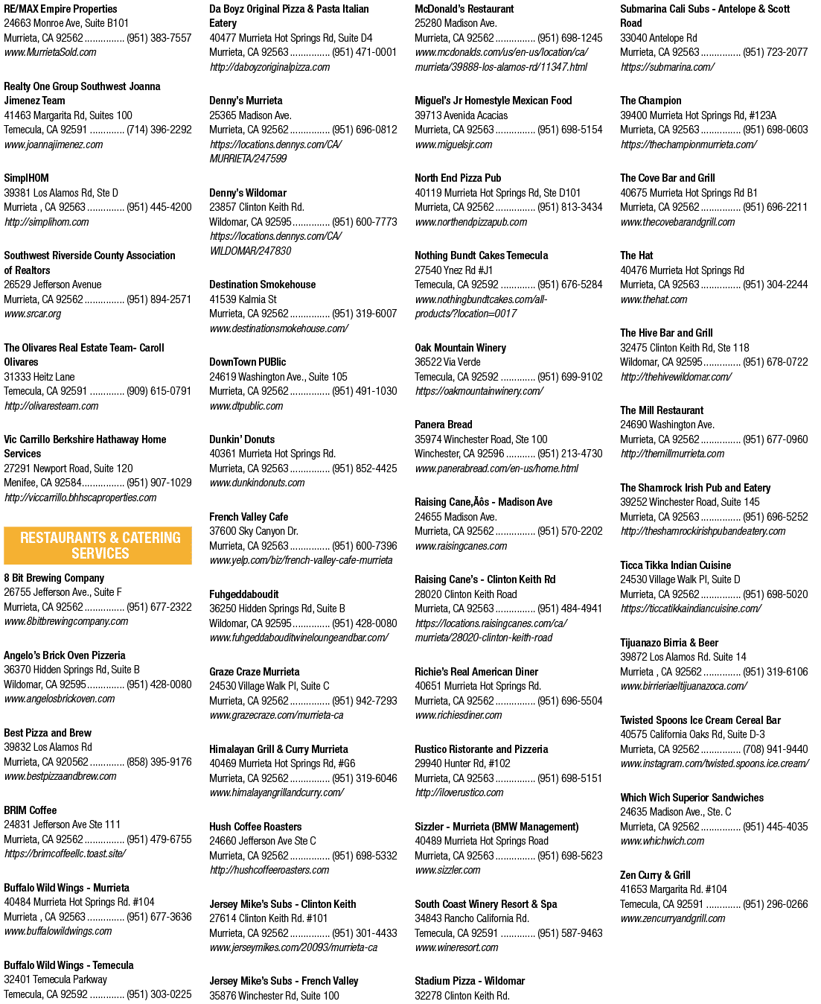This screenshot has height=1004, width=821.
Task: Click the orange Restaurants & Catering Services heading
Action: tap(98, 545)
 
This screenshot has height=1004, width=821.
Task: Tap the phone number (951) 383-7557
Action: tap(159, 37)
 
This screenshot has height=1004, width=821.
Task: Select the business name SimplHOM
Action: tap(26, 178)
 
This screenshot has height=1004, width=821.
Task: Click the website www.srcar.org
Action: tap(32, 314)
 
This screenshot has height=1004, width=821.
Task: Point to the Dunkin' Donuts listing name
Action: tap(242, 439)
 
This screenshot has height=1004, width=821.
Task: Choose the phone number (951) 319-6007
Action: tap(365, 314)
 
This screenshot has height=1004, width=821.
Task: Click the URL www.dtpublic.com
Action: tap(246, 406)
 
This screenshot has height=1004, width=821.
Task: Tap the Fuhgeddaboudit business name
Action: tap(244, 594)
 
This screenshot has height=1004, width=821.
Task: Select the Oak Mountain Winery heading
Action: tap(461, 348)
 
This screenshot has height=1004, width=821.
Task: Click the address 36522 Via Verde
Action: tap(447, 362)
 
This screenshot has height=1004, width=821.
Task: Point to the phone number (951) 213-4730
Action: tap(570, 454)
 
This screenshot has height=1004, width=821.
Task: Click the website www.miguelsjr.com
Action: tap(453, 144)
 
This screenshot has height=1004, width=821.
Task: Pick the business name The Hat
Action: tap(636, 255)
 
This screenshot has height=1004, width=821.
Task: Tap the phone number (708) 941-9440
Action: tap(776, 749)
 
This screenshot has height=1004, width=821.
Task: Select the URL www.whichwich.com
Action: tap(662, 841)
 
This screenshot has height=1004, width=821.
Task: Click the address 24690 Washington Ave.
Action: tap(667, 425)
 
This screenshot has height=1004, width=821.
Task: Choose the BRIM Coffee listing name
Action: tap(30, 810)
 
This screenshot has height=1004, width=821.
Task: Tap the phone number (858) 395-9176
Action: tap(159, 762)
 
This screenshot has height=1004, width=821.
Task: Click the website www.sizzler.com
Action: tap(447, 870)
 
